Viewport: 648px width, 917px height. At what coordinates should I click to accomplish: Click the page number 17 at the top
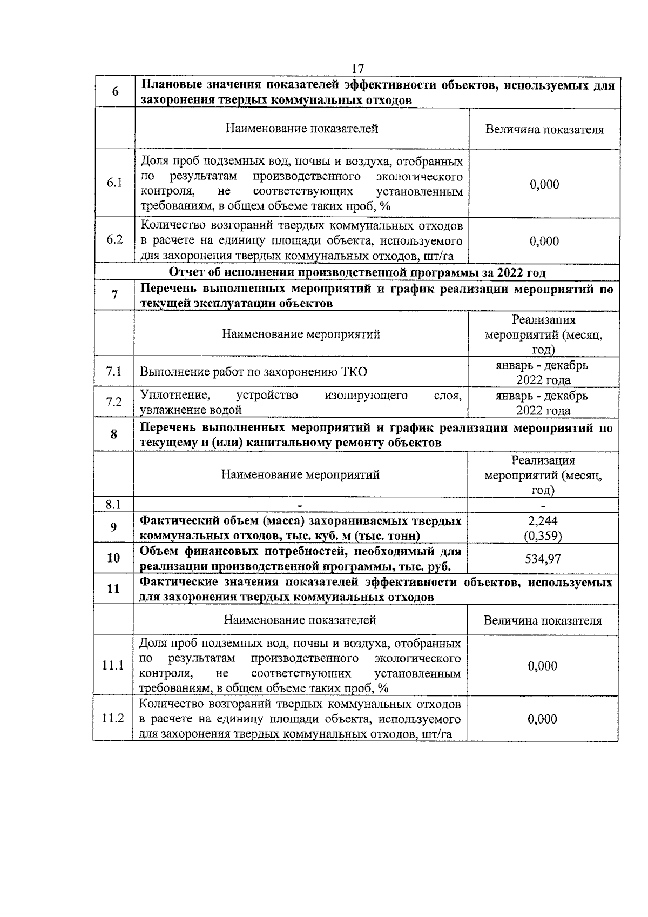pyautogui.click(x=357, y=69)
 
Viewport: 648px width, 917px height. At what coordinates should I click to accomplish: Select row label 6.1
pyautogui.click(x=114, y=183)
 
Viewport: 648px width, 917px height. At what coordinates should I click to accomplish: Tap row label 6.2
pyautogui.click(x=114, y=239)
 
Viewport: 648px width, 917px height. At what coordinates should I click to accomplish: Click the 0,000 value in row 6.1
pyautogui.click(x=544, y=184)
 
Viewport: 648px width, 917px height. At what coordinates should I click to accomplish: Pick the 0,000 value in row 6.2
pyautogui.click(x=544, y=241)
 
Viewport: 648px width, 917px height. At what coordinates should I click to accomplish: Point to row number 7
pyautogui.click(x=114, y=295)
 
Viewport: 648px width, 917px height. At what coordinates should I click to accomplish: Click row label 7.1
pyautogui.click(x=114, y=371)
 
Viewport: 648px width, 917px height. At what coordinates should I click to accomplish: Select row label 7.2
pyautogui.click(x=114, y=402)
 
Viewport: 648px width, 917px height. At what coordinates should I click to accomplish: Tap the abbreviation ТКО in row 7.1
pyautogui.click(x=354, y=372)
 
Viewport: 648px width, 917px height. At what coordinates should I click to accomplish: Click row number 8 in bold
pyautogui.click(x=114, y=434)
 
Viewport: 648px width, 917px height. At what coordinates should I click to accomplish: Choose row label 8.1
pyautogui.click(x=113, y=505)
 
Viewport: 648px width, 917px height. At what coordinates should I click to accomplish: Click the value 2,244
pyautogui.click(x=543, y=521)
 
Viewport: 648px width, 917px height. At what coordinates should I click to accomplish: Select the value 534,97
pyautogui.click(x=543, y=559)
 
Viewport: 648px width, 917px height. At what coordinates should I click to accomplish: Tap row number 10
pyautogui.click(x=113, y=558)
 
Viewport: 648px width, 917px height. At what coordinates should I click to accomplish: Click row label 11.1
pyautogui.click(x=113, y=665)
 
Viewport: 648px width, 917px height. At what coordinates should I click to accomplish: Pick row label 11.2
pyautogui.click(x=113, y=718)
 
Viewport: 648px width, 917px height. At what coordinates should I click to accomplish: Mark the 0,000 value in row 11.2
pyautogui.click(x=542, y=719)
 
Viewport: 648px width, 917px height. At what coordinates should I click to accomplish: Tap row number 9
pyautogui.click(x=114, y=527)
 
